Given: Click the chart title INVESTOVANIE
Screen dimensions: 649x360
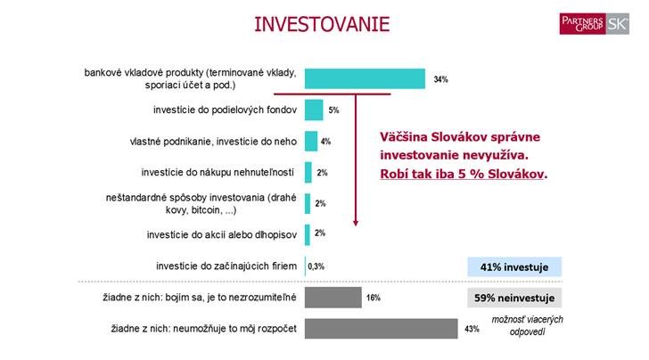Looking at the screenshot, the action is point(322,24).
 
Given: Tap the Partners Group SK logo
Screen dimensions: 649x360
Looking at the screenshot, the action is point(594,23).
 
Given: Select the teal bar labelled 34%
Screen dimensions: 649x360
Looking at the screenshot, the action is point(365,78).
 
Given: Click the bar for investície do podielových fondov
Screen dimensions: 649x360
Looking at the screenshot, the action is point(314,110).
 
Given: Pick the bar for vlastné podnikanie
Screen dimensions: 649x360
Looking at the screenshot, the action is point(311,141).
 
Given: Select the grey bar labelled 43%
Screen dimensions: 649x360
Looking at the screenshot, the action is point(382,329).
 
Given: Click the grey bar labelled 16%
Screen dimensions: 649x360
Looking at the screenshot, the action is point(333,298).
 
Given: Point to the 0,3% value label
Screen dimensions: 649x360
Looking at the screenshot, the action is point(316,266).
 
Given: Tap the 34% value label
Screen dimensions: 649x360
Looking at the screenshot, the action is point(440,79).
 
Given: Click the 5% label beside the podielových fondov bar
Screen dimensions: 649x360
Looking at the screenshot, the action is point(333,110).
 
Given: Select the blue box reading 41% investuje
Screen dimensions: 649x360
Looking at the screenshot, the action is point(514,267).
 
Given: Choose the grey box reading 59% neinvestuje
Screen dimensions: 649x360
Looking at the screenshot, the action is point(514,298).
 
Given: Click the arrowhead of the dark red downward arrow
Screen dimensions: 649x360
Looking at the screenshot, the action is point(356,223).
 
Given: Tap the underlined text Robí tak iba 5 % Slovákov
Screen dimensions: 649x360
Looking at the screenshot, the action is point(464,174).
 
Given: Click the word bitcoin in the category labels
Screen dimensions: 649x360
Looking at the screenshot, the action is point(206,210).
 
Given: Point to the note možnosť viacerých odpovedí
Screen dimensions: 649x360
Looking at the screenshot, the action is point(528,325).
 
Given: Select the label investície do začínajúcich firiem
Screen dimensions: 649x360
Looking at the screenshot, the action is point(226,266).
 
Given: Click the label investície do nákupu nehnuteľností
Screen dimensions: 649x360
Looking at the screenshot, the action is point(218,172).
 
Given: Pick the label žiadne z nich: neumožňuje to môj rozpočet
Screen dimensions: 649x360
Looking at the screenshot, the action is point(203,329).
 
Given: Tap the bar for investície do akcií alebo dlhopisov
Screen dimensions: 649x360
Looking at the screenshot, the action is point(307,234).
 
